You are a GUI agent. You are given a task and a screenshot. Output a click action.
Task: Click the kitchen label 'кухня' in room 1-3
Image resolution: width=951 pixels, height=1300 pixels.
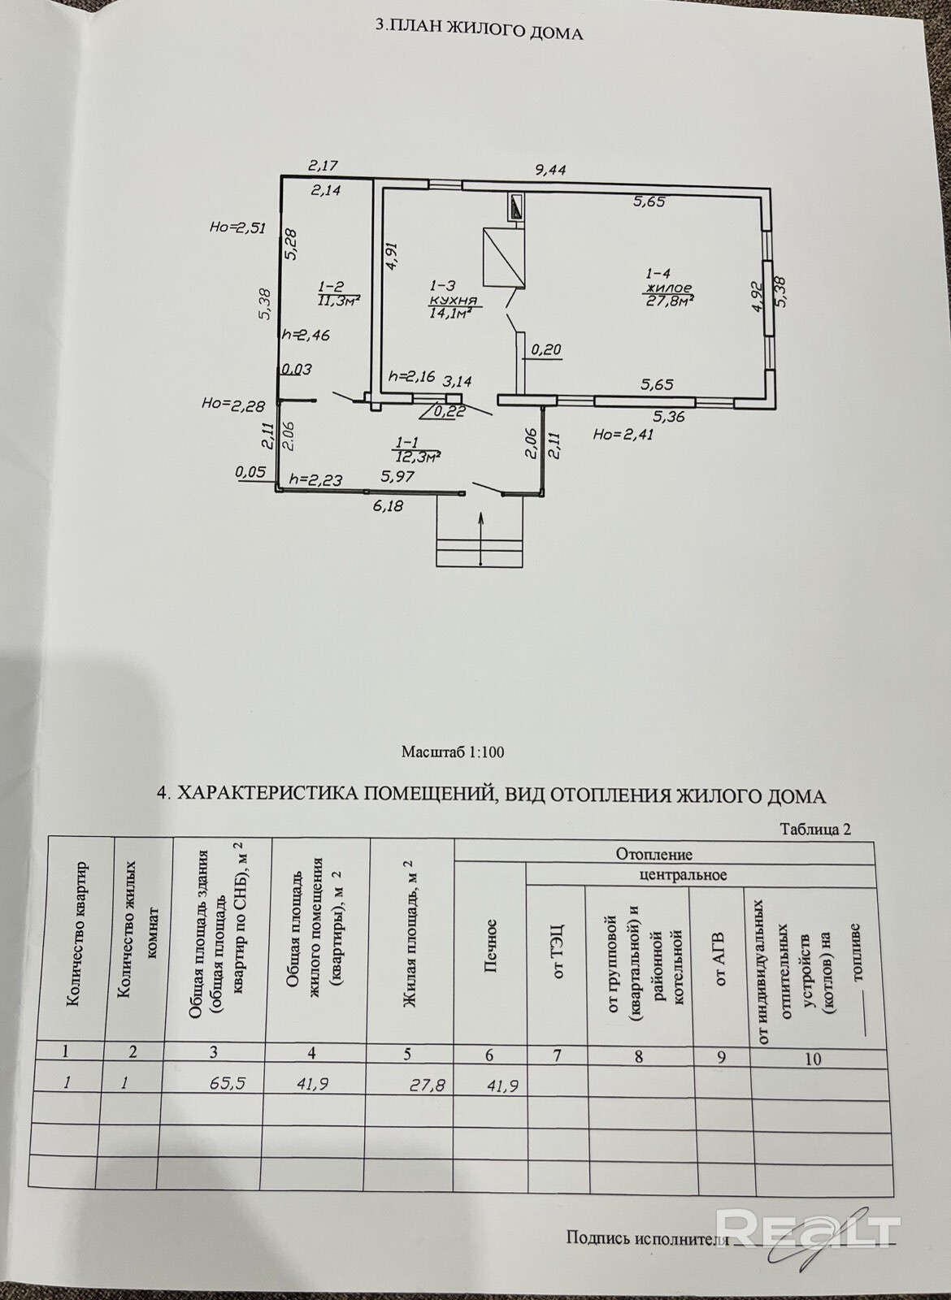[x=447, y=300]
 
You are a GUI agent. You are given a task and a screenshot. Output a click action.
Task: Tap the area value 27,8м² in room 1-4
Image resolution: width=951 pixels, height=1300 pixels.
[x=669, y=302]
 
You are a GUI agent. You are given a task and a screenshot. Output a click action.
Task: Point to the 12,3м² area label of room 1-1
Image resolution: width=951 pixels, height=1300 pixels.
[x=417, y=457]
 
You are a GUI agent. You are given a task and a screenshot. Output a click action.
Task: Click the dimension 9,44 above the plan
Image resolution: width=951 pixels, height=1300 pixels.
[x=549, y=170]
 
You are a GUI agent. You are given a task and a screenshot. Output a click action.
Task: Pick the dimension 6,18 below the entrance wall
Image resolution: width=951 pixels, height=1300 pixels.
[x=389, y=505]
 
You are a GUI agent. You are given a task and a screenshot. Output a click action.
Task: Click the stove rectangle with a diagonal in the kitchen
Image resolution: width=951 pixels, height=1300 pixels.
[x=503, y=256]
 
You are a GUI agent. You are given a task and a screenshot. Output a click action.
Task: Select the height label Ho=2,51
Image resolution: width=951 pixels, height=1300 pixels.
[x=237, y=228]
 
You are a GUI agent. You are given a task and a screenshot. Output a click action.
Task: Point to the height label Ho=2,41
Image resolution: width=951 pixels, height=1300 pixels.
[x=623, y=434]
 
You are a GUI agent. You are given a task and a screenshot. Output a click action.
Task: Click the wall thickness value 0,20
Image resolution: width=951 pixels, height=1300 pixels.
[x=546, y=350]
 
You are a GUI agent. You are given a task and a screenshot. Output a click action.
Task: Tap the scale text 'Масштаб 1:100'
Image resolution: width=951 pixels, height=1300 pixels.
[x=453, y=752]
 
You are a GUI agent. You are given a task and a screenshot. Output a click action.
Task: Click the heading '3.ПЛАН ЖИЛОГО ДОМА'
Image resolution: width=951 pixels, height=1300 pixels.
[x=479, y=33]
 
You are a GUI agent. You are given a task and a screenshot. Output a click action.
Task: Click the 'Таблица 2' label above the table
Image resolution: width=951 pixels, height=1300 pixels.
[x=814, y=830]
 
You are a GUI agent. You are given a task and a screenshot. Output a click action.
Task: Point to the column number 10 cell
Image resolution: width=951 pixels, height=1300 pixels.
[x=812, y=1059]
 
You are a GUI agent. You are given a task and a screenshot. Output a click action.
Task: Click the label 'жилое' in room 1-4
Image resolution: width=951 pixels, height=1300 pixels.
[x=667, y=288]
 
